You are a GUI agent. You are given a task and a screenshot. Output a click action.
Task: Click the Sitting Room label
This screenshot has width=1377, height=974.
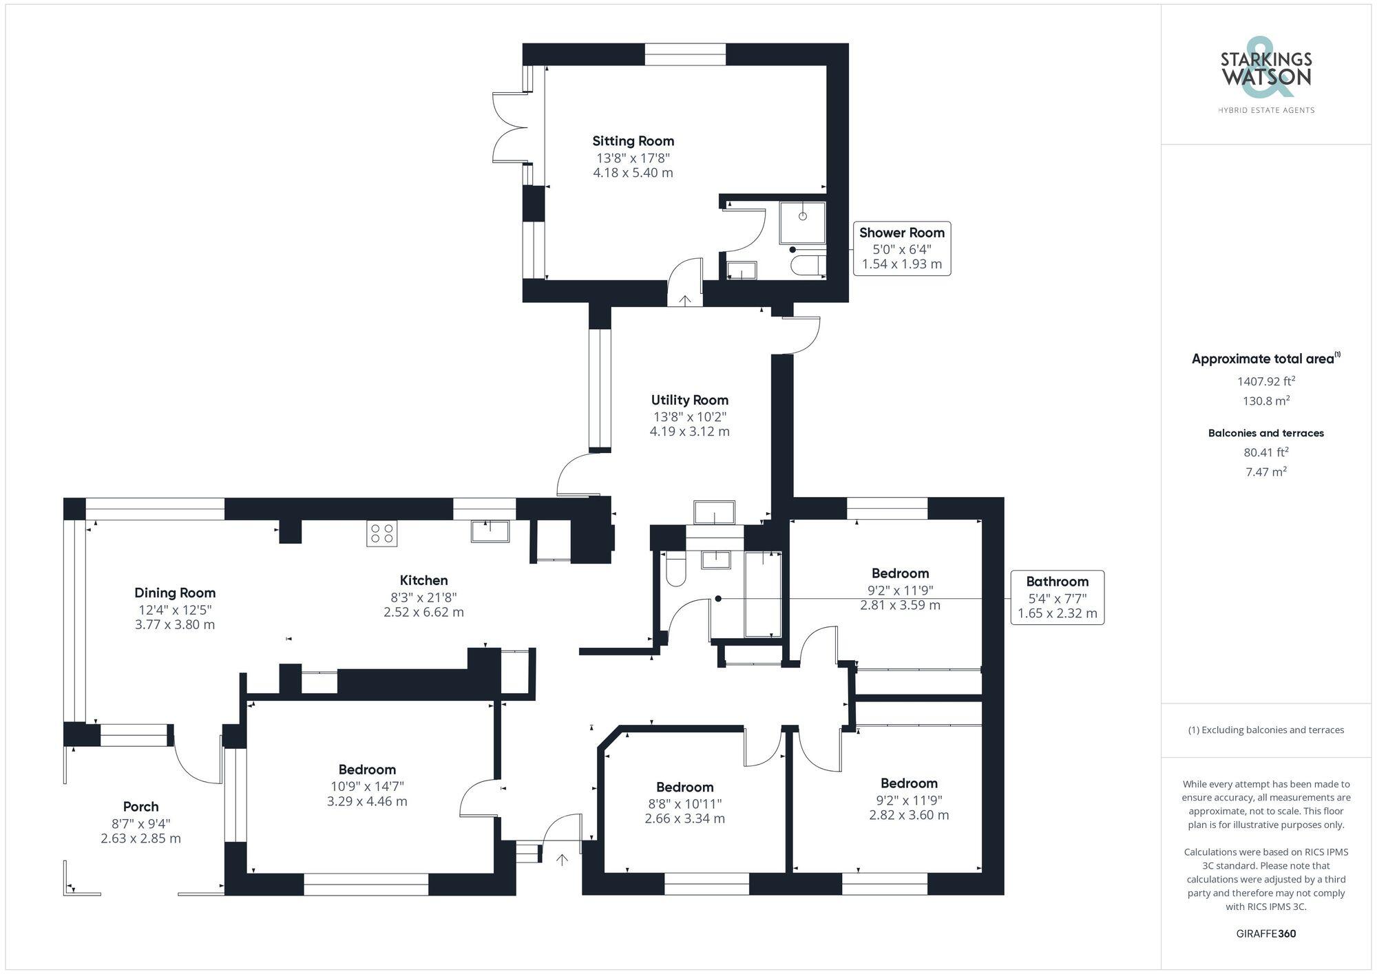click(x=633, y=141)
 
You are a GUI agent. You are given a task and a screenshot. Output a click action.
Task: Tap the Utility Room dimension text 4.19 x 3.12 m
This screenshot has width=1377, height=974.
click(x=689, y=432)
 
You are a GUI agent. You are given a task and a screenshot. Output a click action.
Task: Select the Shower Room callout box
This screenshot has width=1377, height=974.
click(x=901, y=248)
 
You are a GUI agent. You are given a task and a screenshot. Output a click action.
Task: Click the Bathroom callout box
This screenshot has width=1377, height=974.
click(x=1057, y=597)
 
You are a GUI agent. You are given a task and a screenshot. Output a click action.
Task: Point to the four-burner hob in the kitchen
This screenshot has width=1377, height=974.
click(x=381, y=533)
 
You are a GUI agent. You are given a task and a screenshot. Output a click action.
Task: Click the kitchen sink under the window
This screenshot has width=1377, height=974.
click(x=490, y=531)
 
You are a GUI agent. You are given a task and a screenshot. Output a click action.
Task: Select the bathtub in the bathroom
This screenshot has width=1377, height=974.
click(x=763, y=593)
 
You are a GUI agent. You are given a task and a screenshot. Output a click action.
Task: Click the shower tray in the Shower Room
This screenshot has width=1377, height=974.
click(x=802, y=222)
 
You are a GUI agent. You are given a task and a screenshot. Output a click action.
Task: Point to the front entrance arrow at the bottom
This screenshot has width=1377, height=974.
click(x=562, y=860)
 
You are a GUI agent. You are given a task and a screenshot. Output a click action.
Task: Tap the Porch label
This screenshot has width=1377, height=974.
click(x=140, y=807)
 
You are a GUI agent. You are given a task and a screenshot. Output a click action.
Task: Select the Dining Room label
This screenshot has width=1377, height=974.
click(x=175, y=593)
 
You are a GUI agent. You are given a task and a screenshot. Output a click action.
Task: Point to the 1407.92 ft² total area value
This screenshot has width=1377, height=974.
click(x=1265, y=381)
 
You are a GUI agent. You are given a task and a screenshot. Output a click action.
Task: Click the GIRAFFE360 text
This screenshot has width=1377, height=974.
click(x=1265, y=933)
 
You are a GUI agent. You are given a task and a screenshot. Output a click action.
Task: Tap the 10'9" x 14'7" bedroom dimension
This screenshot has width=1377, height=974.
click(x=367, y=786)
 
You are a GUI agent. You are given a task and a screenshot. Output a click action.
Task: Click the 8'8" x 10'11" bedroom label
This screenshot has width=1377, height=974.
click(x=684, y=787)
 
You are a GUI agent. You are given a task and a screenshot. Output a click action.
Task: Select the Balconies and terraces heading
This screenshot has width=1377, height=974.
click(x=1265, y=433)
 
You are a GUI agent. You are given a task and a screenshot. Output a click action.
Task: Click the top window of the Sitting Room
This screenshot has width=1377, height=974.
click(x=685, y=54)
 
